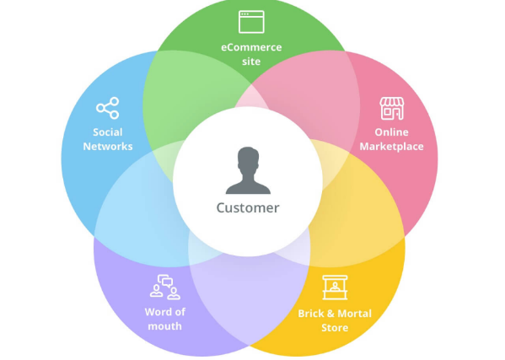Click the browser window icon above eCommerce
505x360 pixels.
pos(251,22)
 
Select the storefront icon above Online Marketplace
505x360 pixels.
pos(392,109)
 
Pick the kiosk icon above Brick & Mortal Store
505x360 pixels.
pos(335,287)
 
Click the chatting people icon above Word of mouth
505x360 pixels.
pos(165,287)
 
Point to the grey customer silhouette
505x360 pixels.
pos(248,170)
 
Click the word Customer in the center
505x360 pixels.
pos(248,207)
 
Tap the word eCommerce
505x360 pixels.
pos(251,47)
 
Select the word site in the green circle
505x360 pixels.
pos(251,62)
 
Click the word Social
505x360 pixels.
pos(108,132)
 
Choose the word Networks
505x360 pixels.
pos(108,147)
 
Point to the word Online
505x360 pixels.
pos(391,132)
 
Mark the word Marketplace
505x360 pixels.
pos(391,147)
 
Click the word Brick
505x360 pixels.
pos(310,314)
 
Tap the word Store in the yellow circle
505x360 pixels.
pos(335,328)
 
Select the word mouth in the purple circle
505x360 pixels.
pos(164,326)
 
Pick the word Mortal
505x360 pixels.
pos(355,314)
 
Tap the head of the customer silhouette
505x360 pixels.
pos(248,159)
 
